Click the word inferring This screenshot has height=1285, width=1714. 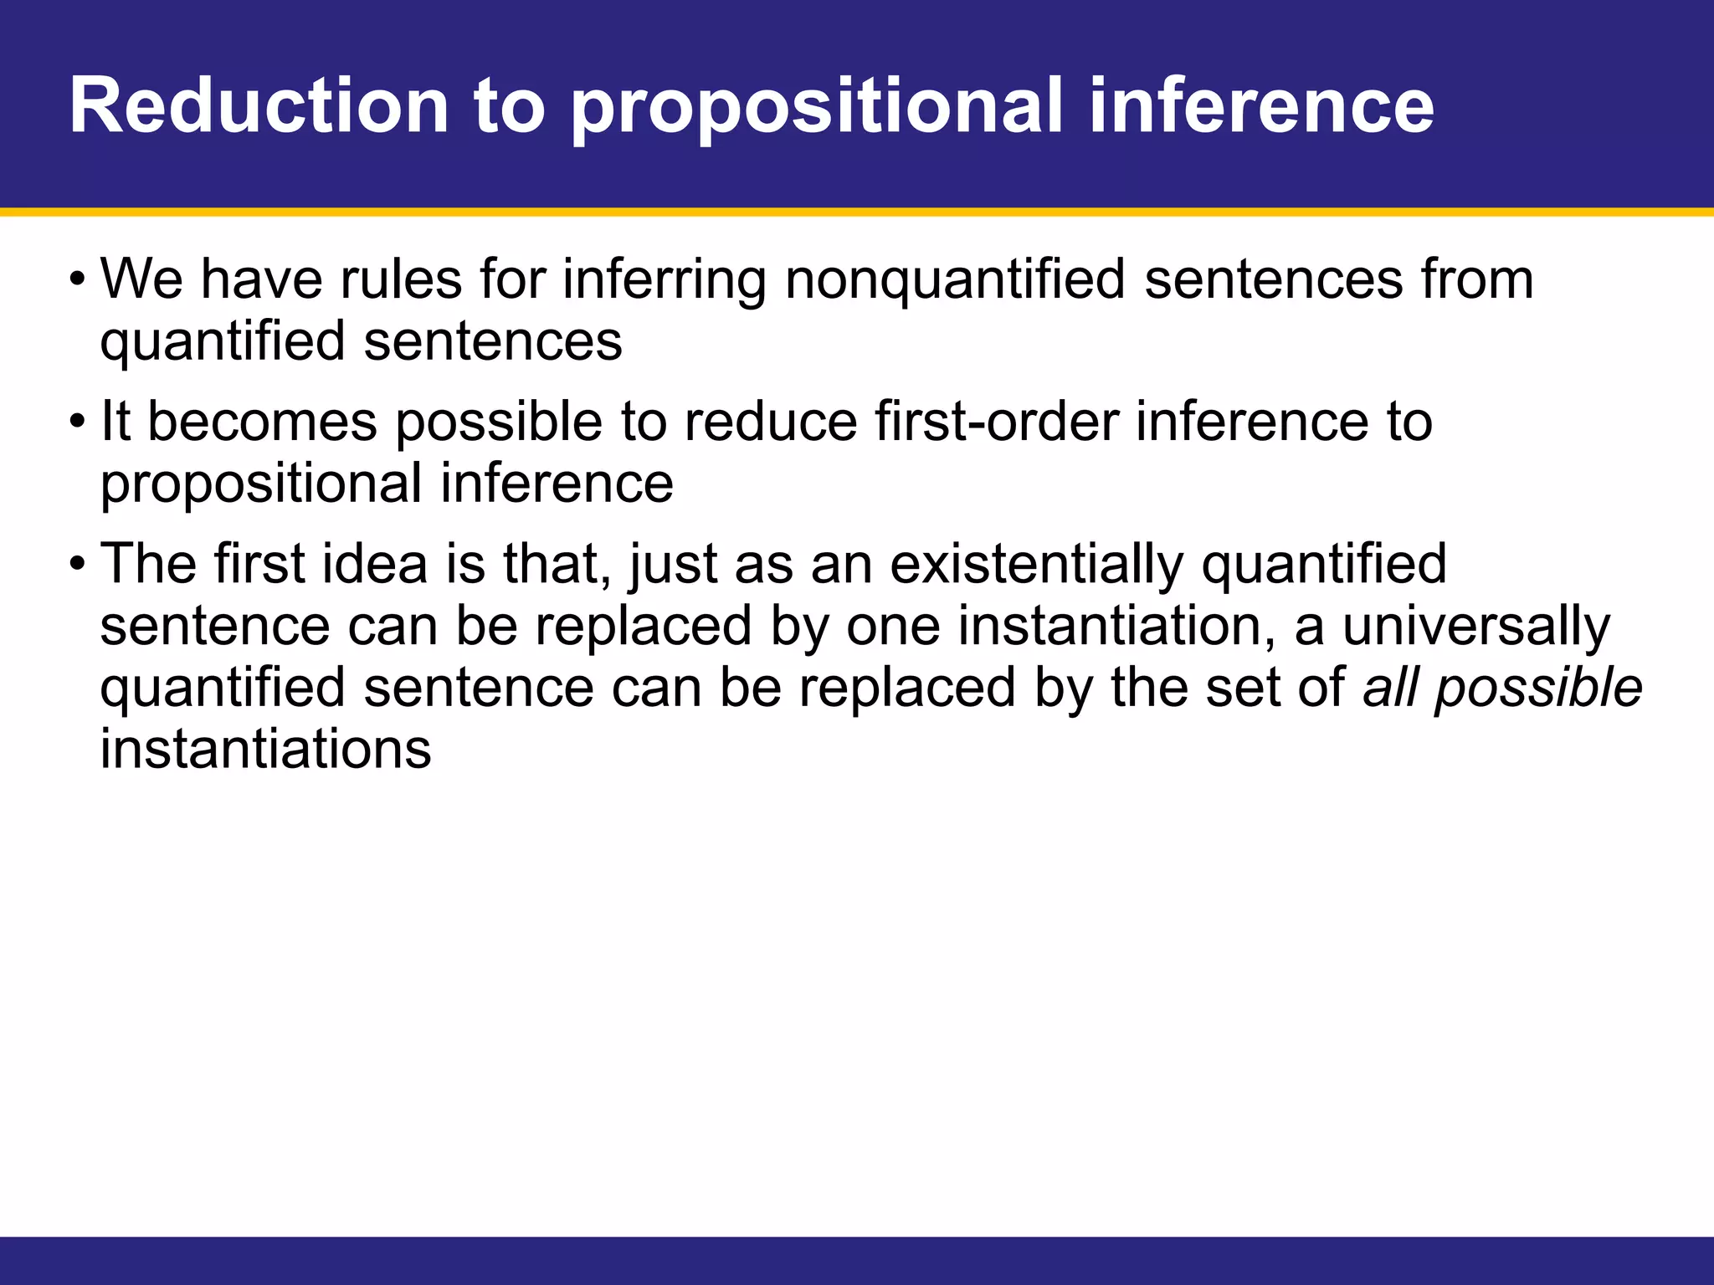point(665,282)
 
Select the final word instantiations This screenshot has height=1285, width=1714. point(265,749)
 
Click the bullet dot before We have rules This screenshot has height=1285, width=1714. point(77,278)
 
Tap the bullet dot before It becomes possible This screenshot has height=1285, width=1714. point(77,420)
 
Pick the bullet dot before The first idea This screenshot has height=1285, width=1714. point(77,562)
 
